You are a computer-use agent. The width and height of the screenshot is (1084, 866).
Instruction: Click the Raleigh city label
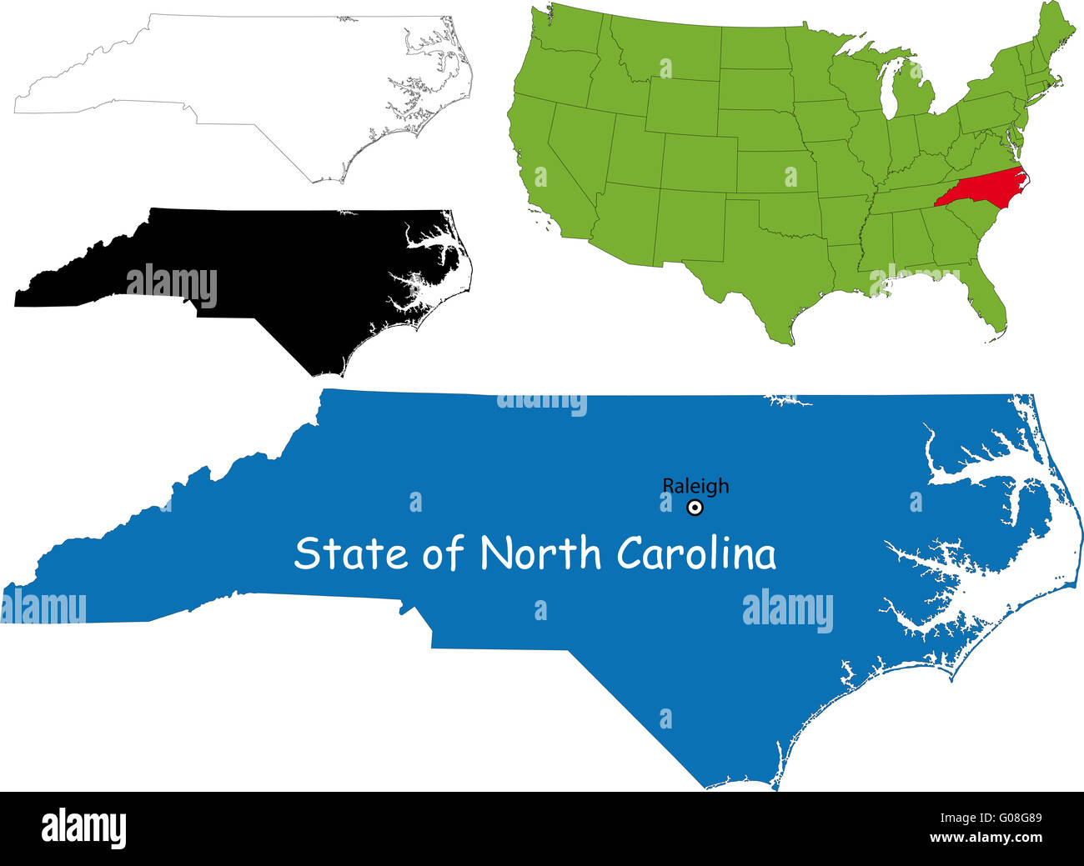pos(695,485)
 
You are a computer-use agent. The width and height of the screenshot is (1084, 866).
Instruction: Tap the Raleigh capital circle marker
pos(695,507)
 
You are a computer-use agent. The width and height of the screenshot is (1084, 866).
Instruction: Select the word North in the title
pos(540,553)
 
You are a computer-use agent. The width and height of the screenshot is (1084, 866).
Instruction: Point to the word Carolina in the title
pos(696,553)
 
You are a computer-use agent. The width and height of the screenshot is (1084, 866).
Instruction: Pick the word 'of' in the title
pos(442,554)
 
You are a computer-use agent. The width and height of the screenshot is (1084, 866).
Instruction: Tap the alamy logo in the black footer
pos(83,828)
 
